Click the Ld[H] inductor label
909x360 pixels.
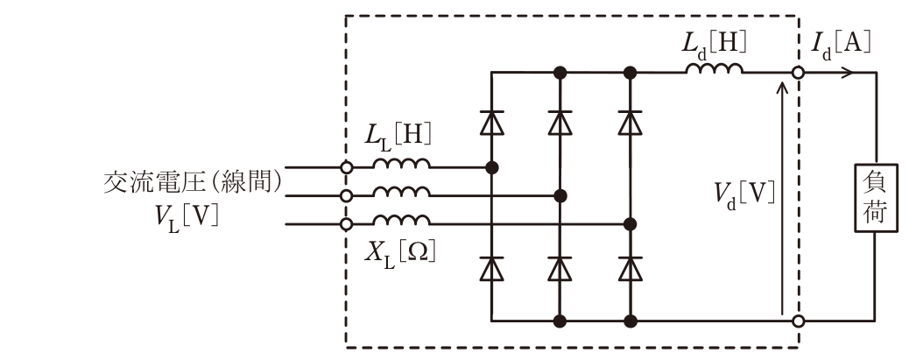pyautogui.click(x=714, y=44)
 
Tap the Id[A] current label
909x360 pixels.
pyautogui.click(x=842, y=44)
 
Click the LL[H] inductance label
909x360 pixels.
pyautogui.click(x=398, y=136)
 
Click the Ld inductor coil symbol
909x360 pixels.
pyautogui.click(x=715, y=68)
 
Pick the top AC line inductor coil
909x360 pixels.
pyautogui.click(x=402, y=163)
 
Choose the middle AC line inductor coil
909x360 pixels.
pyautogui.click(x=402, y=191)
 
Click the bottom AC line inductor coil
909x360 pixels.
pyautogui.click(x=402, y=220)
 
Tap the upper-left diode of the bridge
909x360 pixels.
pyautogui.click(x=491, y=123)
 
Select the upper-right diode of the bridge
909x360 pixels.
pyautogui.click(x=631, y=123)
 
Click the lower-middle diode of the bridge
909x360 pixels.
pyautogui.click(x=560, y=268)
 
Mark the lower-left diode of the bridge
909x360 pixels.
pyautogui.click(x=491, y=268)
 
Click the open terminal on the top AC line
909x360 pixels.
pyautogui.click(x=346, y=167)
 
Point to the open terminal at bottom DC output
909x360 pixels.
pyautogui.click(x=799, y=321)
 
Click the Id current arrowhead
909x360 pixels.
pyautogui.click(x=848, y=73)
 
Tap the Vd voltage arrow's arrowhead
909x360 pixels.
pyautogui.click(x=782, y=87)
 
